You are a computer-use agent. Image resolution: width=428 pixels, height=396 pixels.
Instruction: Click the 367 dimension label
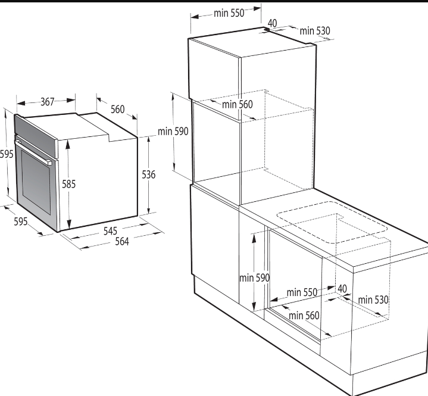pyautogui.click(x=48, y=102)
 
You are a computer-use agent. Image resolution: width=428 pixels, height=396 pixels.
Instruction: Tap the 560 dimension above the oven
pyautogui.click(x=118, y=109)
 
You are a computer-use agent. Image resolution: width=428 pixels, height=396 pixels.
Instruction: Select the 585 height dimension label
pyautogui.click(x=68, y=184)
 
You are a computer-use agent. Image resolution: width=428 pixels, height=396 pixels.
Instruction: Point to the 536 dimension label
pyautogui.click(x=148, y=174)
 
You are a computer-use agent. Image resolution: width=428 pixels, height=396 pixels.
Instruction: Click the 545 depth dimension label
pyautogui.click(x=110, y=231)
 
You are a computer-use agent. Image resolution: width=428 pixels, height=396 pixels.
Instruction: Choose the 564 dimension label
pyautogui.click(x=122, y=241)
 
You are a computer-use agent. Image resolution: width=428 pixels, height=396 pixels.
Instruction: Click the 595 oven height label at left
pyautogui.click(x=7, y=154)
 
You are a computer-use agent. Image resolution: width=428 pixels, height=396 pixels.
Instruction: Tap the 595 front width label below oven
pyautogui.click(x=21, y=221)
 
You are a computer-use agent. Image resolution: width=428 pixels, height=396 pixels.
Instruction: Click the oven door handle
pyautogui.click(x=33, y=152)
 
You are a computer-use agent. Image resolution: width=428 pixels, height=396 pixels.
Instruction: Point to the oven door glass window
pyautogui.click(x=36, y=181)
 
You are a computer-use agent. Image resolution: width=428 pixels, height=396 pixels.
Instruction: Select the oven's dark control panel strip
pyautogui.click(x=36, y=136)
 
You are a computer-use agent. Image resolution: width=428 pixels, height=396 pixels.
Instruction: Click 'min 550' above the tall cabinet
pyautogui.click(x=229, y=13)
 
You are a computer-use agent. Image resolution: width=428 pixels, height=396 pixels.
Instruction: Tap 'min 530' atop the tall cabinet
pyautogui.click(x=315, y=31)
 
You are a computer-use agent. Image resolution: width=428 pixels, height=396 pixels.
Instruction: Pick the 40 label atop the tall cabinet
pyautogui.click(x=273, y=23)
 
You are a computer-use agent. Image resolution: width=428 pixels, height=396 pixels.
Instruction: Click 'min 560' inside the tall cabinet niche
pyautogui.click(x=238, y=104)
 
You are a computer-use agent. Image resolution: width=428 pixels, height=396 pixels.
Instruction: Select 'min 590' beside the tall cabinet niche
pyautogui.click(x=173, y=132)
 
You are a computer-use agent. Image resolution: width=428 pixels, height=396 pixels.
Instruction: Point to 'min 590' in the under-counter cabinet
pyautogui.click(x=254, y=278)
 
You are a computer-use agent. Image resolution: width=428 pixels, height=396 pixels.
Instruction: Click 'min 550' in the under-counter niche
pyautogui.click(x=302, y=292)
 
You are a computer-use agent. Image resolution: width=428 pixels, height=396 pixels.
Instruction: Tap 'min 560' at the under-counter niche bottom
pyautogui.click(x=304, y=316)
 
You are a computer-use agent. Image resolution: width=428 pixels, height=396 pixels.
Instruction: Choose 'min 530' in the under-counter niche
pyautogui.click(x=373, y=300)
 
